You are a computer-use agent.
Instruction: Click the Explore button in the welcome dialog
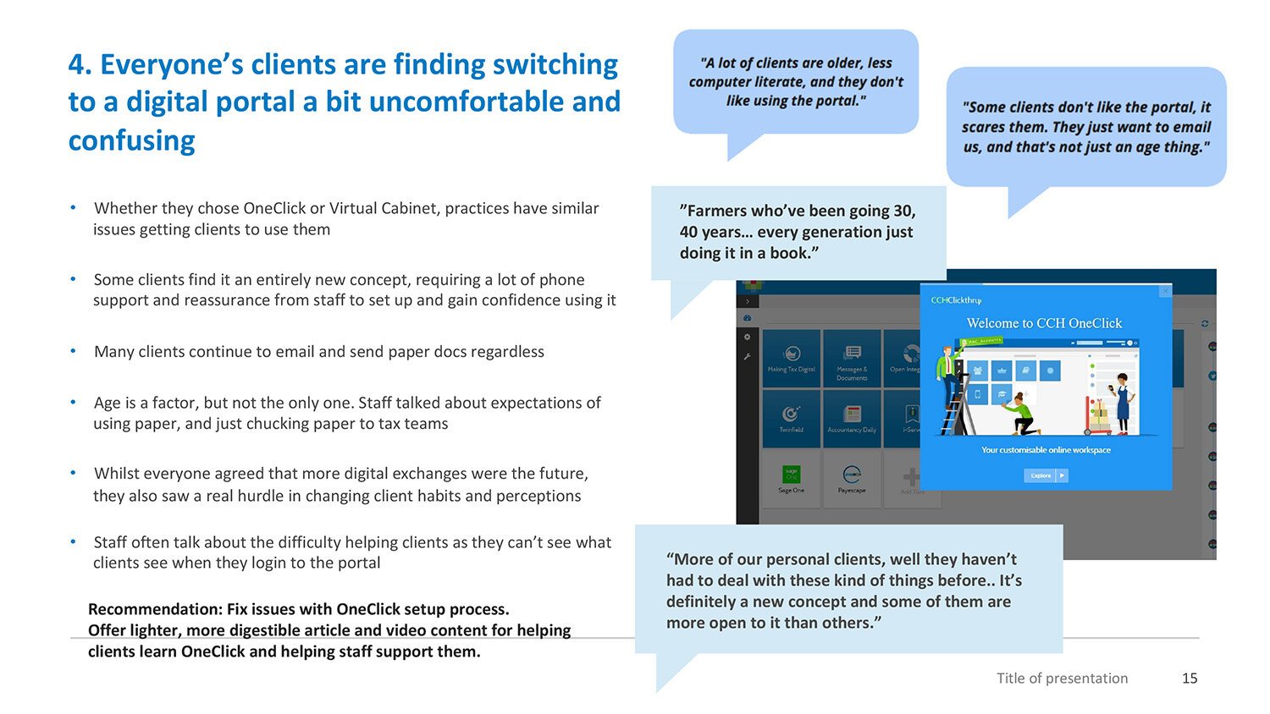tap(1046, 475)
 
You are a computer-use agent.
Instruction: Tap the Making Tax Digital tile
tap(791, 358)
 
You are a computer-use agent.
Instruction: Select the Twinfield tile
tap(791, 418)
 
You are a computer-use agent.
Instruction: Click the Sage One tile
tap(791, 478)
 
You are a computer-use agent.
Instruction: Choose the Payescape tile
tap(852, 478)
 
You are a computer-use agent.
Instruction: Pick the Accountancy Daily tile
tap(852, 418)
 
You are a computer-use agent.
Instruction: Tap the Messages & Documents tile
tap(852, 358)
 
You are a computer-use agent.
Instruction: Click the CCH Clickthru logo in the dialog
tap(956, 300)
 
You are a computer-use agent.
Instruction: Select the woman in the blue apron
tap(1122, 402)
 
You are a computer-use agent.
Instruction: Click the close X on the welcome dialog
tap(1165, 291)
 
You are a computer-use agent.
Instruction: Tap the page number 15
tap(1190, 678)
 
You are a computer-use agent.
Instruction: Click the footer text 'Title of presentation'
tap(1062, 678)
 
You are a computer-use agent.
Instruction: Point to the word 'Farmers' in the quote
tap(715, 211)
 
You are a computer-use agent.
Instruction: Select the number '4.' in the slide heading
tap(80, 65)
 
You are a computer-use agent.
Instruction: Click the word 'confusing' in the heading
tap(131, 140)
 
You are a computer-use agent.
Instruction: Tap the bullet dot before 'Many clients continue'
tap(74, 351)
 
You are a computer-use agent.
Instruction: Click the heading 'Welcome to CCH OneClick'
tap(1044, 323)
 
